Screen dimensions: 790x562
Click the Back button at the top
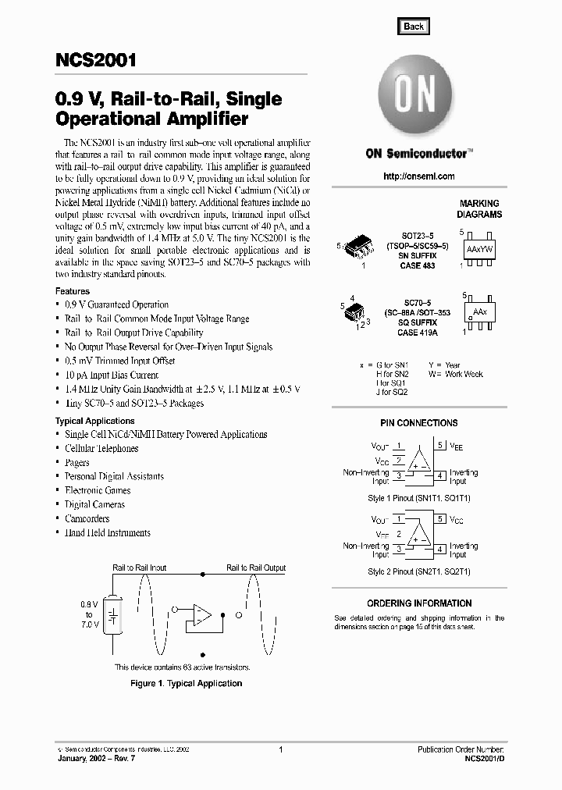click(413, 26)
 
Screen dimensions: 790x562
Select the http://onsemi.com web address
click(419, 176)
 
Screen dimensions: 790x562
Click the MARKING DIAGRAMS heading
click(479, 208)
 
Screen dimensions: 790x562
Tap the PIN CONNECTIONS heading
click(419, 423)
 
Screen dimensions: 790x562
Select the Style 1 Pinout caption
click(419, 497)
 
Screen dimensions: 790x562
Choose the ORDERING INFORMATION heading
click(419, 603)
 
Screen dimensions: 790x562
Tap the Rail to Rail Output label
click(256, 568)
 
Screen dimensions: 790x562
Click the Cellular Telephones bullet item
click(101, 449)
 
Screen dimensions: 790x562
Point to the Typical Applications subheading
click(94, 421)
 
